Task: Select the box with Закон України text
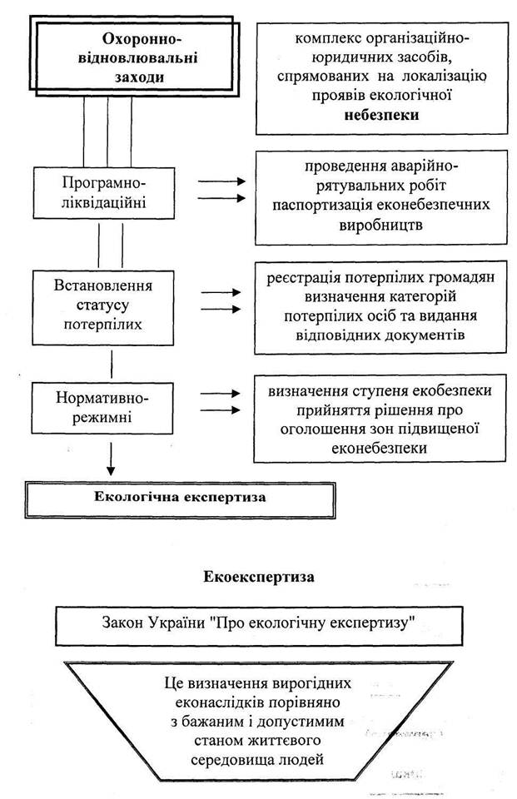[258, 626]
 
